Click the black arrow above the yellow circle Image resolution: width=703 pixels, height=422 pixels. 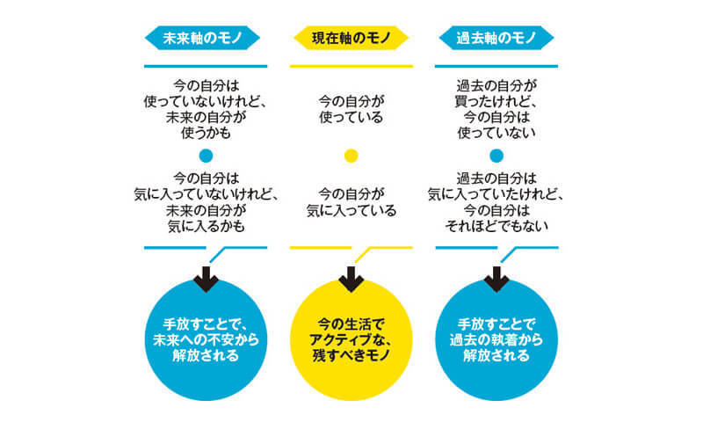pos(351,279)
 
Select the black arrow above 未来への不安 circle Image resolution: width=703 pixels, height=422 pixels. pos(206,279)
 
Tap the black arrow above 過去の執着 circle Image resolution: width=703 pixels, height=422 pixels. pos(496,279)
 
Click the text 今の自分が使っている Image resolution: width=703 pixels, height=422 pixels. pos(351,109)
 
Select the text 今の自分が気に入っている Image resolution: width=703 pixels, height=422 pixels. pos(351,203)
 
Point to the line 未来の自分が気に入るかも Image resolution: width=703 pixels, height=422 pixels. pos(206,218)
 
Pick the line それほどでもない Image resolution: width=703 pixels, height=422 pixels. pos(496,226)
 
